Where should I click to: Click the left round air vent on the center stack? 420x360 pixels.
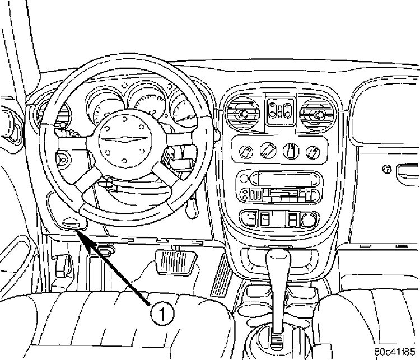[242, 114]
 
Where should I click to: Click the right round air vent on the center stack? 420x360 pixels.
[318, 115]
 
